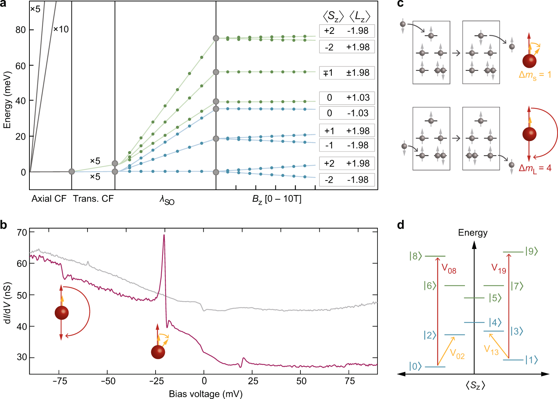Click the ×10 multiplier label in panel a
coord(61,29)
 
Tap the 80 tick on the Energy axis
coord(20,30)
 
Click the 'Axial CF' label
coord(49,199)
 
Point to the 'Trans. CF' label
coord(93,199)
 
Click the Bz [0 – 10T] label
coord(277,199)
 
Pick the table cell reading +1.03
coord(358,98)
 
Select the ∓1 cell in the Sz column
coord(328,73)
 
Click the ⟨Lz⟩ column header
coord(360,16)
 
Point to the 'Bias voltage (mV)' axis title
coord(205,394)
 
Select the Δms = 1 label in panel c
coord(535,75)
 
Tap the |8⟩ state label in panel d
coord(415,256)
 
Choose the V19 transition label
coord(499,268)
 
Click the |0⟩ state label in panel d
coord(415,366)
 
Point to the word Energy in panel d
coord(472,233)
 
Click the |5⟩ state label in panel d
coord(495,298)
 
